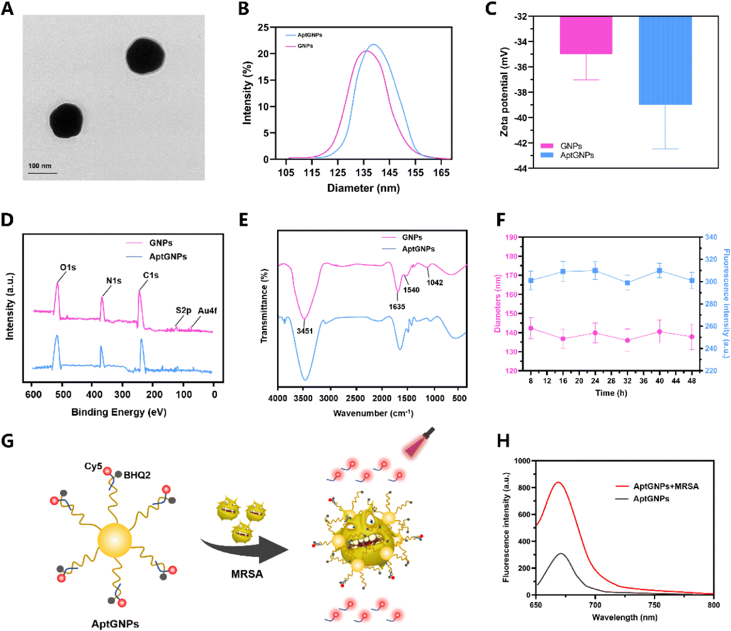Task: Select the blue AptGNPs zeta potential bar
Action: [x=665, y=60]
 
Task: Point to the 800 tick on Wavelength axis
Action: [x=713, y=605]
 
